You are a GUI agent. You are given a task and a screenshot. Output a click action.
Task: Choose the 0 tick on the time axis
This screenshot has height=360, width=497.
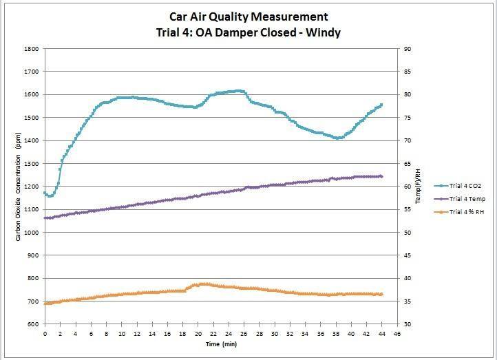click(x=45, y=334)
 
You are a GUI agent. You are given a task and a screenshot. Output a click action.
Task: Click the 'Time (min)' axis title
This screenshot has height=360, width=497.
click(x=220, y=343)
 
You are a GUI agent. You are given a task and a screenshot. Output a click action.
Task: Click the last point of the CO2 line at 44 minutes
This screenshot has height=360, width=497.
click(x=381, y=105)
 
